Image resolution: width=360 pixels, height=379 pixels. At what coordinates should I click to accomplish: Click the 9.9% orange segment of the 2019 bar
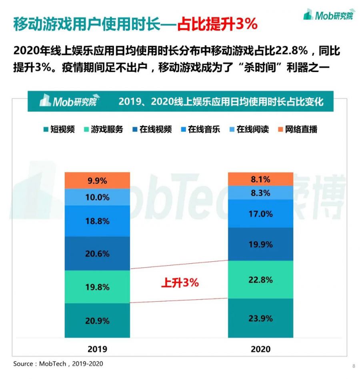pyautogui.click(x=97, y=180)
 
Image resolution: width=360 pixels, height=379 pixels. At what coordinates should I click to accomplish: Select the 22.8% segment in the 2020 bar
pyautogui.click(x=260, y=280)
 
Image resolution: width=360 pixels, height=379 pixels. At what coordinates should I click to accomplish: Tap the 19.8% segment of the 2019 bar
pyautogui.click(x=97, y=287)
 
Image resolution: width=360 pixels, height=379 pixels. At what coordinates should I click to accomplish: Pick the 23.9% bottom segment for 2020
pyautogui.click(x=260, y=318)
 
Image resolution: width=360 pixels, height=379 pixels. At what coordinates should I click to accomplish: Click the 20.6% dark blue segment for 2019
pyautogui.click(x=97, y=253)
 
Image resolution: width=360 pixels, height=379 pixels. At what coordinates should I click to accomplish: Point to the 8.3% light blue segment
pyautogui.click(x=260, y=193)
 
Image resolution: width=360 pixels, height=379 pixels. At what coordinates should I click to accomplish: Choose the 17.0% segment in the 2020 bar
pyautogui.click(x=260, y=214)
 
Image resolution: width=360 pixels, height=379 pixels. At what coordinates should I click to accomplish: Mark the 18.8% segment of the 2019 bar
pyautogui.click(x=97, y=221)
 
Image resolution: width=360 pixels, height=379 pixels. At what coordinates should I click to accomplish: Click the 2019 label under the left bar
pyautogui.click(x=97, y=349)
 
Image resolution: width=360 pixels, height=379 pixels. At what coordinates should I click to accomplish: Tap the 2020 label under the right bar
pyautogui.click(x=260, y=349)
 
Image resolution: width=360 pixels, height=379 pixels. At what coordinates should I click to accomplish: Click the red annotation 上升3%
pyautogui.click(x=180, y=283)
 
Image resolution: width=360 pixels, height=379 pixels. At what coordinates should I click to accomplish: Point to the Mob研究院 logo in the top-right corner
pyautogui.click(x=328, y=15)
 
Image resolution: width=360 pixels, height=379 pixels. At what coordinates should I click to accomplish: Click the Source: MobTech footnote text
pyautogui.click(x=58, y=364)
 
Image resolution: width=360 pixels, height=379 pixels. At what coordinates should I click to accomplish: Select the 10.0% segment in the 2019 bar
pyautogui.click(x=97, y=197)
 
